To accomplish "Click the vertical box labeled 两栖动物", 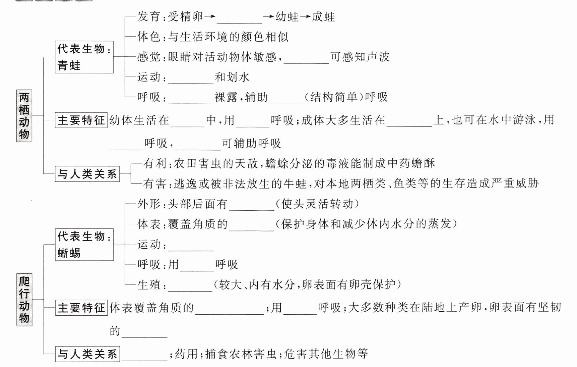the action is (24, 116).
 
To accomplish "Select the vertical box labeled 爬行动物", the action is (24, 299).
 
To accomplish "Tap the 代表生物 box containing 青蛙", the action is (84, 57).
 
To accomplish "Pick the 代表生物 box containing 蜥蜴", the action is (84, 245).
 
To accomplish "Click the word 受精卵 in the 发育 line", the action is (186, 16).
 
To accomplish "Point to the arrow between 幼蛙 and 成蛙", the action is (305, 17).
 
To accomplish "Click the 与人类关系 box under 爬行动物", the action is (87, 354).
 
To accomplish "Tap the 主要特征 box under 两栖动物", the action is (81, 120).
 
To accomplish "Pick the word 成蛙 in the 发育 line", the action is (323, 16).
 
